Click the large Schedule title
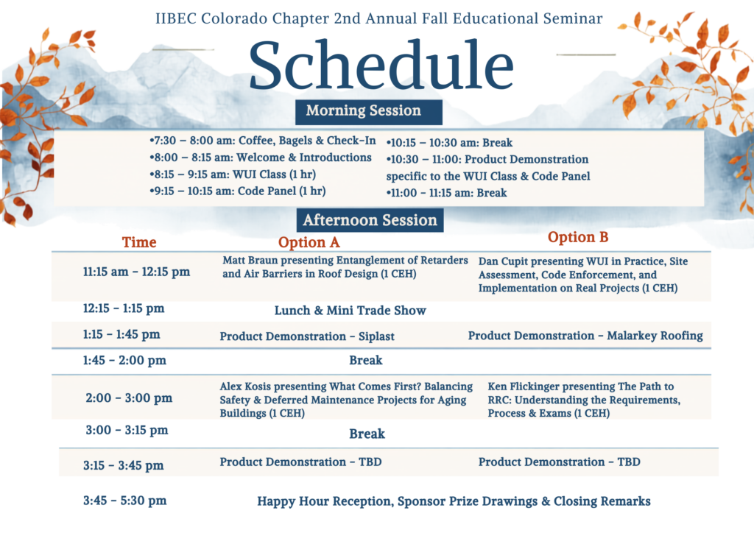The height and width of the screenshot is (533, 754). coord(381,65)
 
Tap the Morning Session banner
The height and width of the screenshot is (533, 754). coord(369,112)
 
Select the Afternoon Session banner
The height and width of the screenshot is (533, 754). coord(370,220)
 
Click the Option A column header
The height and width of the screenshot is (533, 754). coord(309,242)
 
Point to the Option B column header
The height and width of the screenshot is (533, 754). coord(578,238)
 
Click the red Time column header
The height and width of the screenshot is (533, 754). coord(139,242)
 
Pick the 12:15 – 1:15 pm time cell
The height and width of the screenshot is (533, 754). coord(124,308)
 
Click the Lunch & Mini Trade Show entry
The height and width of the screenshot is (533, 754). coord(350,311)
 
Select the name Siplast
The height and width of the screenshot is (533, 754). coord(376,336)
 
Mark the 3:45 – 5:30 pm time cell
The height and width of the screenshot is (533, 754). coord(125,501)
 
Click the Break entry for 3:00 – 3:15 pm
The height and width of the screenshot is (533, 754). coord(367,434)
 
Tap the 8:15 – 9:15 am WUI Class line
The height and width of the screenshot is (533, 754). coord(233,174)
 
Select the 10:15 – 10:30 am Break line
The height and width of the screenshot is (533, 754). coord(450,143)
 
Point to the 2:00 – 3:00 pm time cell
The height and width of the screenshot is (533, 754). coord(129,398)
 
